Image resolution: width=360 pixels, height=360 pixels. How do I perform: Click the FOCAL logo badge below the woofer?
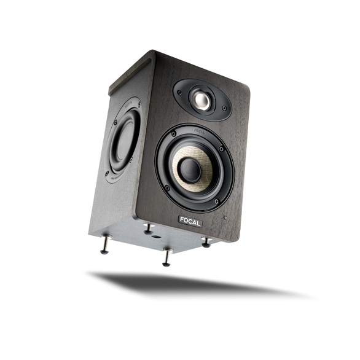pos(190,221)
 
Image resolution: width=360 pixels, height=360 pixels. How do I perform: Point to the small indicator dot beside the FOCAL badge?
pos(225,218)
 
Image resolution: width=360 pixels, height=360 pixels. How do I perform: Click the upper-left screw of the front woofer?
pos(174,133)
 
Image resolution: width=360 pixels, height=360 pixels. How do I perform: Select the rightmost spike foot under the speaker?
pos(205,243)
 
